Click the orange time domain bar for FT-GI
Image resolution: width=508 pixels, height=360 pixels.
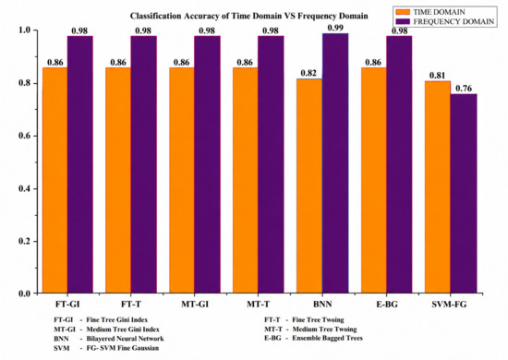click(x=54, y=180)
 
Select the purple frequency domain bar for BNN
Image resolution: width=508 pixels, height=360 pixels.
click(x=335, y=163)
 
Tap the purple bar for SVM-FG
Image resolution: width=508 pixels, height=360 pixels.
click(x=464, y=194)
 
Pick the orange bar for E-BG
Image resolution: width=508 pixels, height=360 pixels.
click(x=374, y=180)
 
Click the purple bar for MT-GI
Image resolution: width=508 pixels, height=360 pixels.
click(x=207, y=164)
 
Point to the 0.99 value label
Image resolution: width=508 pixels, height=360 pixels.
click(x=335, y=28)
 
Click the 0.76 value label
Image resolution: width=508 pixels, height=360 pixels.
click(x=464, y=89)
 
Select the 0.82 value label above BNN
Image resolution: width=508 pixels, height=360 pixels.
click(x=308, y=73)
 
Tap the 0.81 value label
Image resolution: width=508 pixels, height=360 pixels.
click(x=437, y=76)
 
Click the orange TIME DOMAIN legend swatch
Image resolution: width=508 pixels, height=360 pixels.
click(x=403, y=12)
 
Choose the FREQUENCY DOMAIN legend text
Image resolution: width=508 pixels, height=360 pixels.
click(x=454, y=21)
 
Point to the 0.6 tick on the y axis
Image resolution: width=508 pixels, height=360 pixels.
click(x=26, y=136)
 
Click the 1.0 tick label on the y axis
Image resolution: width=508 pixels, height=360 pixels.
click(x=26, y=30)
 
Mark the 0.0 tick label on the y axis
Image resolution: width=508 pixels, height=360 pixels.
click(x=26, y=294)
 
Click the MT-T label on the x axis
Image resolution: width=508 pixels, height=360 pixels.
click(x=259, y=305)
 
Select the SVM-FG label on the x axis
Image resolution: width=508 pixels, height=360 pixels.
click(x=449, y=305)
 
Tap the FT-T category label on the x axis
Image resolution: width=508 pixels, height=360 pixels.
click(x=131, y=305)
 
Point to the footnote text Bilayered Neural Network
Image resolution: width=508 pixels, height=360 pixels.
click(x=125, y=339)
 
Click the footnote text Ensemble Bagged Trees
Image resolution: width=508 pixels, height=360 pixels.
click(x=327, y=339)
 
